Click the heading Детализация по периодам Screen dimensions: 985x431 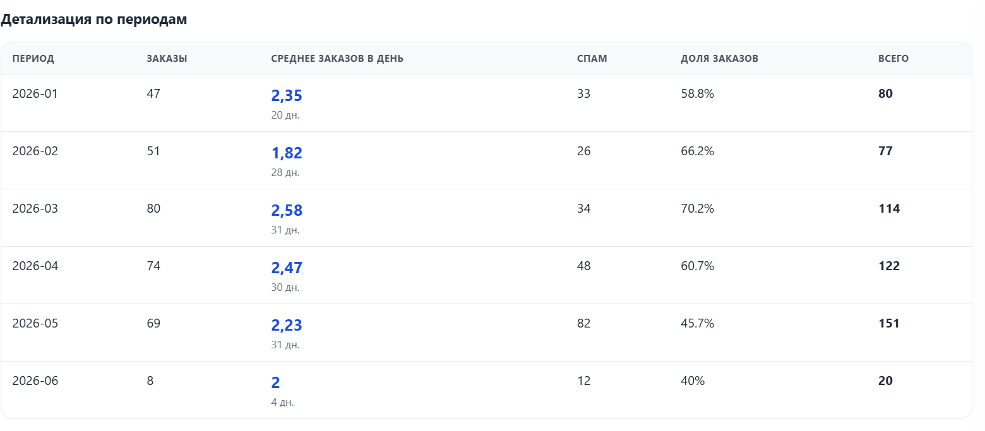tap(93, 20)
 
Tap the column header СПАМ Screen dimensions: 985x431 tap(592, 59)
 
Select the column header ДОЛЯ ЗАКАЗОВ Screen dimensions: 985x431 tap(719, 59)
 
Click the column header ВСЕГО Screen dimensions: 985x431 tap(893, 59)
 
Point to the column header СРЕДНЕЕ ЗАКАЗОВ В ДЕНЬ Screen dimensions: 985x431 tap(337, 59)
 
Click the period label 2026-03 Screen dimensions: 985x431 tap(35, 208)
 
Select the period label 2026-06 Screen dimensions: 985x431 tap(35, 381)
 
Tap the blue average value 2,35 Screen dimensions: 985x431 tap(287, 95)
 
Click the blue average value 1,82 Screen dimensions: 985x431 tap(287, 153)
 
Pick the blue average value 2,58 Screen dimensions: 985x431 tap(287, 210)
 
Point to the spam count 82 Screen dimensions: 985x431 tap(583, 323)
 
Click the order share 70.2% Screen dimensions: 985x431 tap(698, 208)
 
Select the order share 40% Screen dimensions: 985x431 tap(693, 381)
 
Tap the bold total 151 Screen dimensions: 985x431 tap(888, 323)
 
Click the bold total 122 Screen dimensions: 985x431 tap(888, 266)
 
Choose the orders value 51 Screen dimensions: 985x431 tap(153, 151)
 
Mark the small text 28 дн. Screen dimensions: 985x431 tap(285, 173)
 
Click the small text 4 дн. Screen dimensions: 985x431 tap(282, 403)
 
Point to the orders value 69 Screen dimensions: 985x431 tap(153, 323)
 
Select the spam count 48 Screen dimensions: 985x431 tap(583, 266)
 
